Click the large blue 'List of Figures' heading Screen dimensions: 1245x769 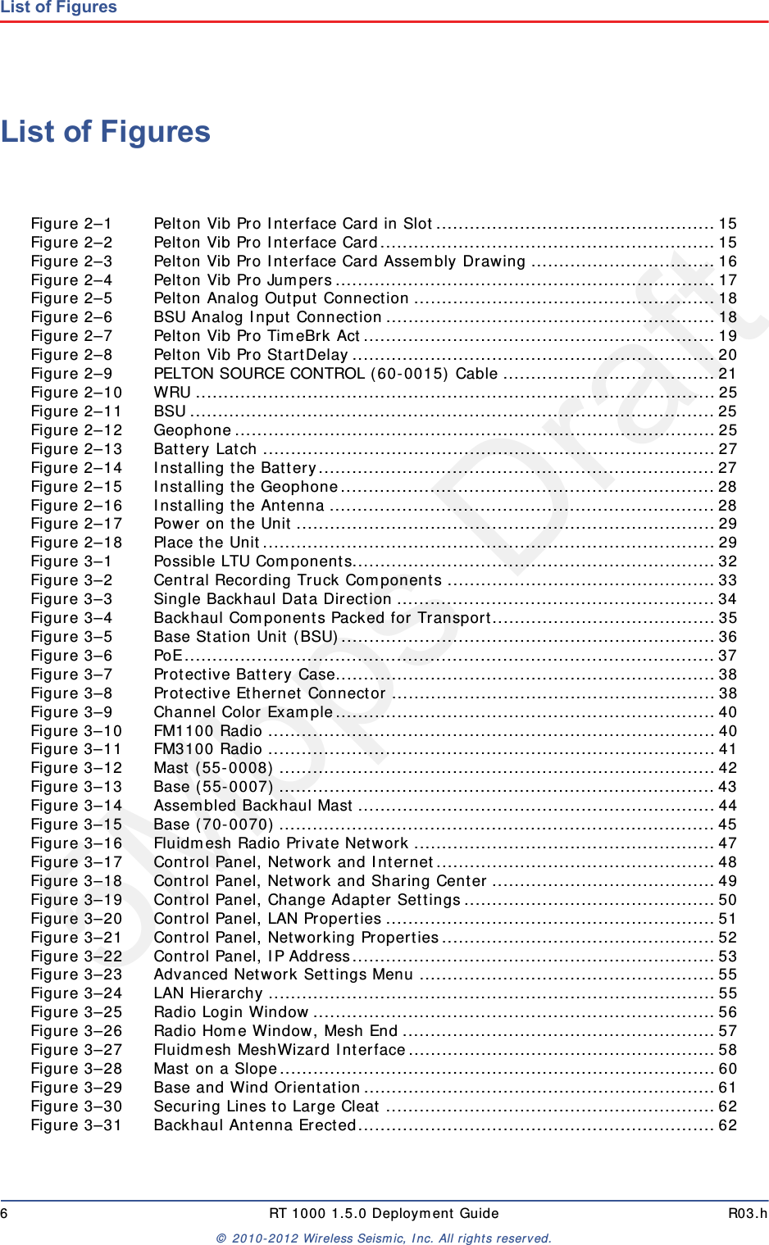point(106,132)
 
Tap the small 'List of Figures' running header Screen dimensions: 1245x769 point(59,7)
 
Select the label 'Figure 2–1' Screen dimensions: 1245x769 point(71,224)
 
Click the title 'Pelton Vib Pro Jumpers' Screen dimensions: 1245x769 point(243,280)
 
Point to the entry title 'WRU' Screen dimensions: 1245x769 point(172,393)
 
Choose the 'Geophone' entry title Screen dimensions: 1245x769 point(193,430)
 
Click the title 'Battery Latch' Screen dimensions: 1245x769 point(205,449)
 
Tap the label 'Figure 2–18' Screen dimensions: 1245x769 point(76,543)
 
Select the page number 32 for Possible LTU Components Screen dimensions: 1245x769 point(727,561)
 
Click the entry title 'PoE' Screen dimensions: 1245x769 point(168,656)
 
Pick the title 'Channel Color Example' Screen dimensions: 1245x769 point(243,712)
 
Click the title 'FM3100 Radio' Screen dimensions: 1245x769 point(208,749)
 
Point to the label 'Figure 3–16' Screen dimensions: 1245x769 point(76,843)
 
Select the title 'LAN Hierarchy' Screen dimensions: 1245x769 point(208,993)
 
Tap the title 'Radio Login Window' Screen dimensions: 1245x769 point(231,1012)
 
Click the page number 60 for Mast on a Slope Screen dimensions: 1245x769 point(727,1069)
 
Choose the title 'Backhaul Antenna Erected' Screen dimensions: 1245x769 point(255,1125)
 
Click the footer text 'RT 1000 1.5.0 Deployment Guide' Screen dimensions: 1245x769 point(384,1213)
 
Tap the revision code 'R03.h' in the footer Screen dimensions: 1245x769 point(748,1213)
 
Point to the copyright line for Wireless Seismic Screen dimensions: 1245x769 point(384,1238)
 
